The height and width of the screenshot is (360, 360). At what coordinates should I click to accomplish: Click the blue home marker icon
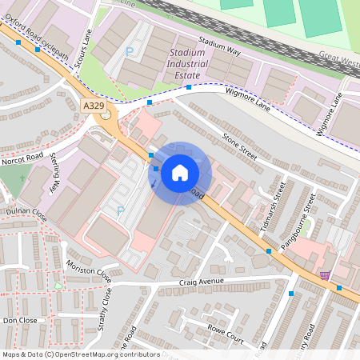coord(180,173)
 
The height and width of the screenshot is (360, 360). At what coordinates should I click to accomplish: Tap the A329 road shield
coord(93,103)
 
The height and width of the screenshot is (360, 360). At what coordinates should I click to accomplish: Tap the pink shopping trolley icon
coord(324,275)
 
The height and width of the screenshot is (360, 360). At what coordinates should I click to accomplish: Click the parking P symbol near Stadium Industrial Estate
coord(130,52)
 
